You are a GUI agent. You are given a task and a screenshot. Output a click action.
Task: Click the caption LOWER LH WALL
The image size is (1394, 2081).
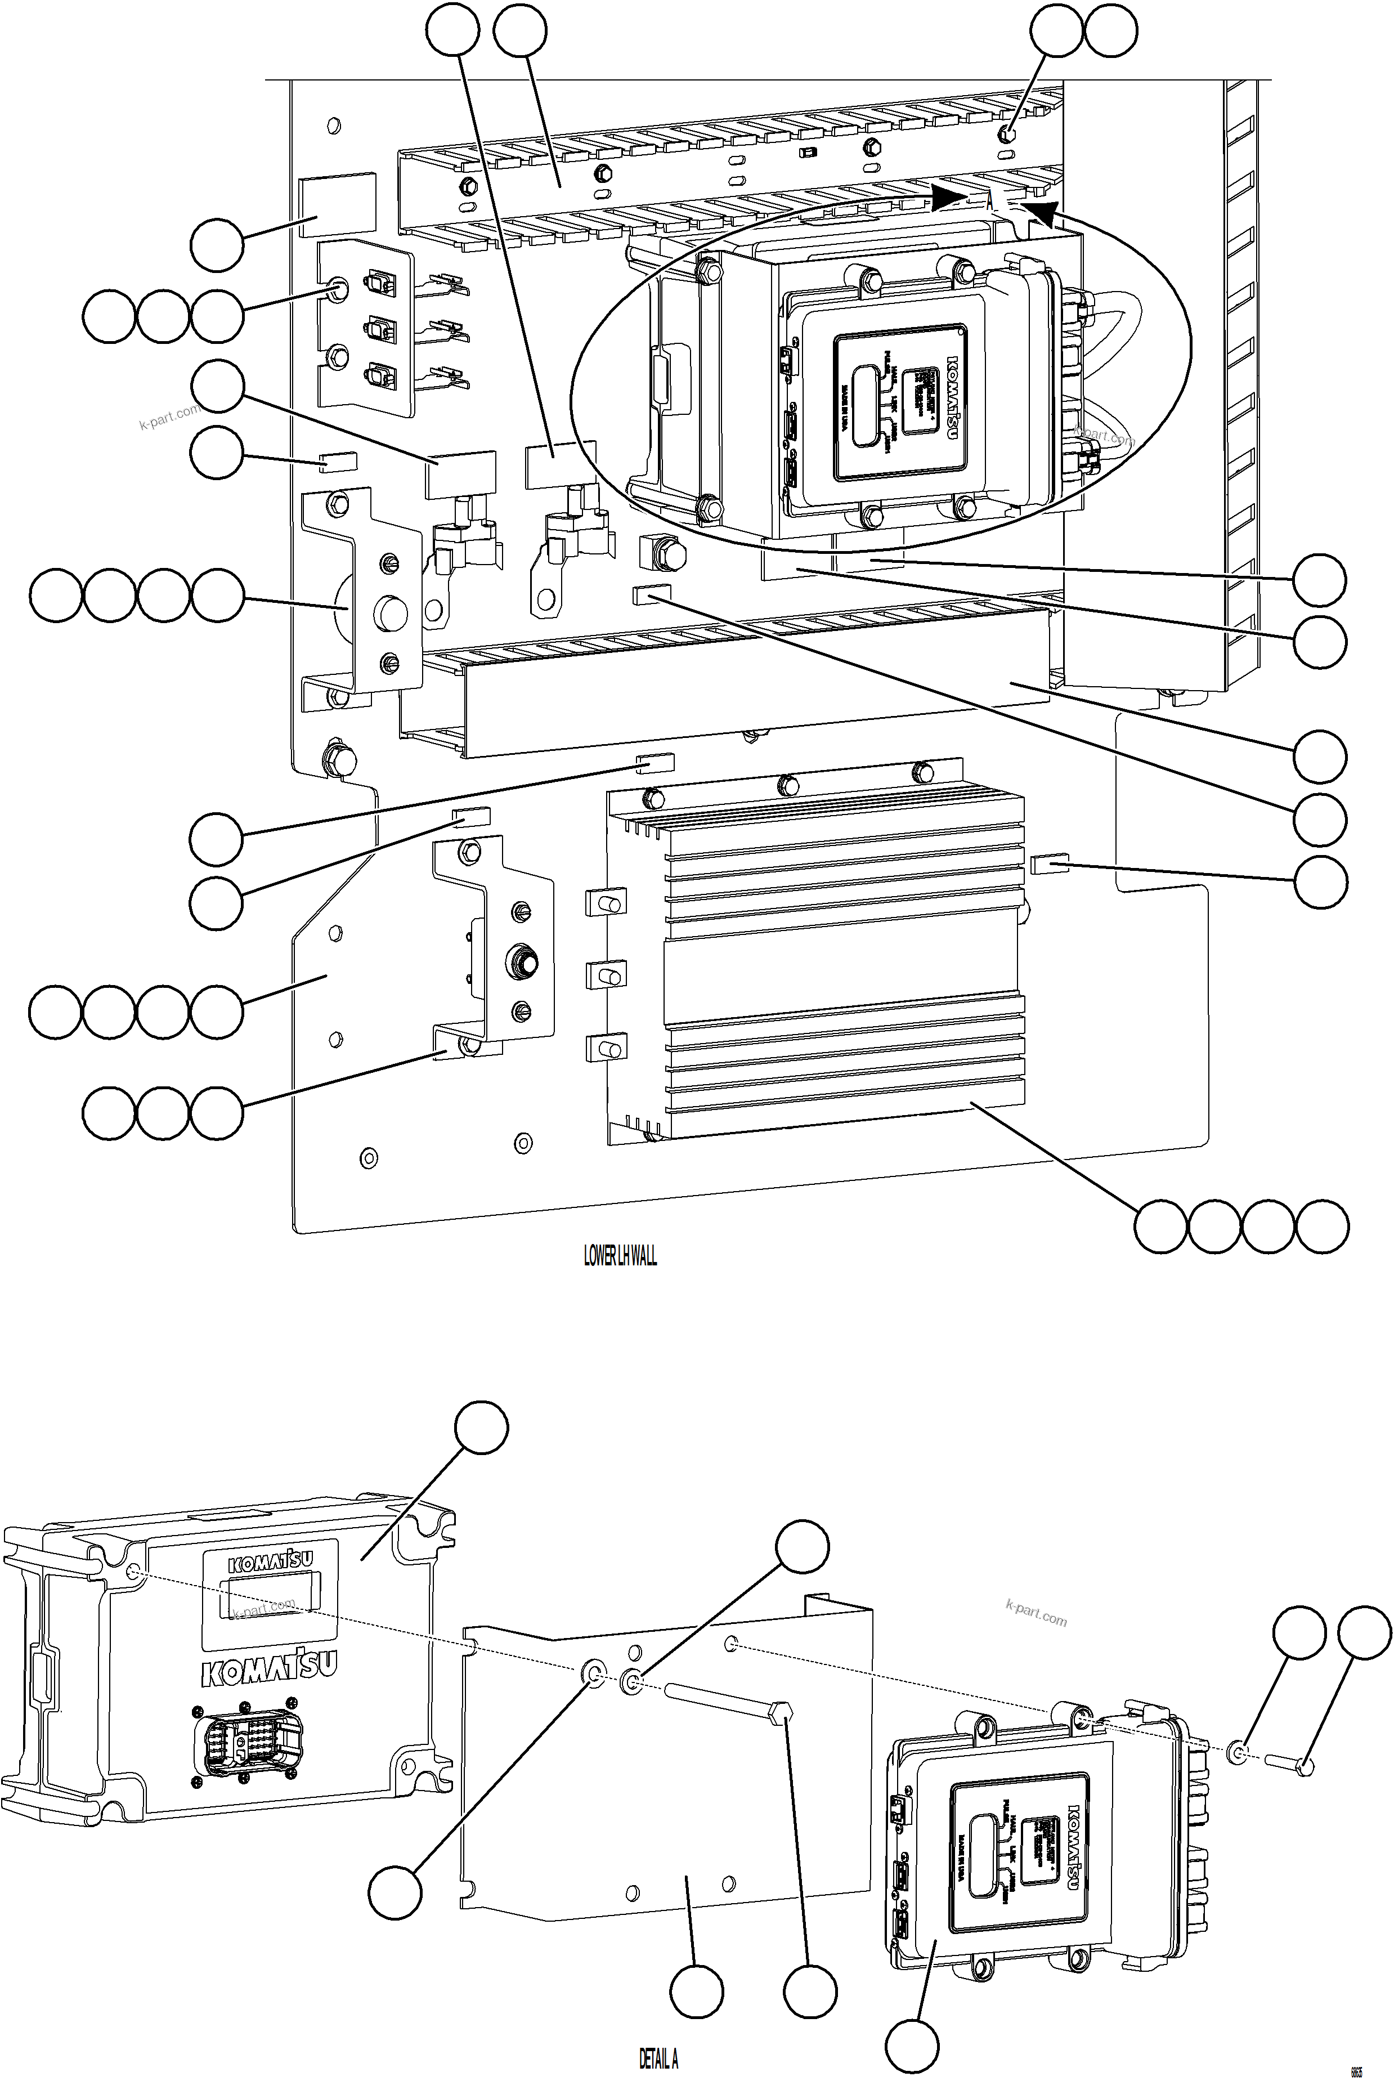click(x=620, y=1255)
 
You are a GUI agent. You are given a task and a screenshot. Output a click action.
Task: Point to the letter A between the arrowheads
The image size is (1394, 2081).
click(x=989, y=201)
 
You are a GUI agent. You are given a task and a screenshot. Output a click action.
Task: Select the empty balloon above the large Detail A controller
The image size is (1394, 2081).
click(x=481, y=1427)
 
